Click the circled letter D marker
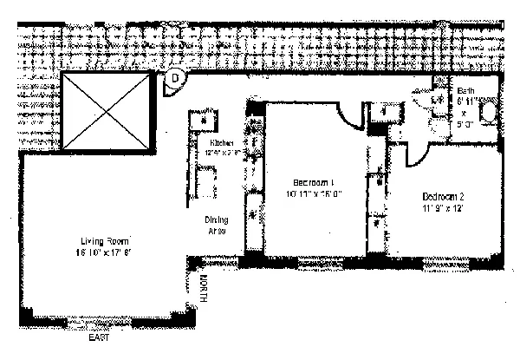175,77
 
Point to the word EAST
100,325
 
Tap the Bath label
466,91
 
